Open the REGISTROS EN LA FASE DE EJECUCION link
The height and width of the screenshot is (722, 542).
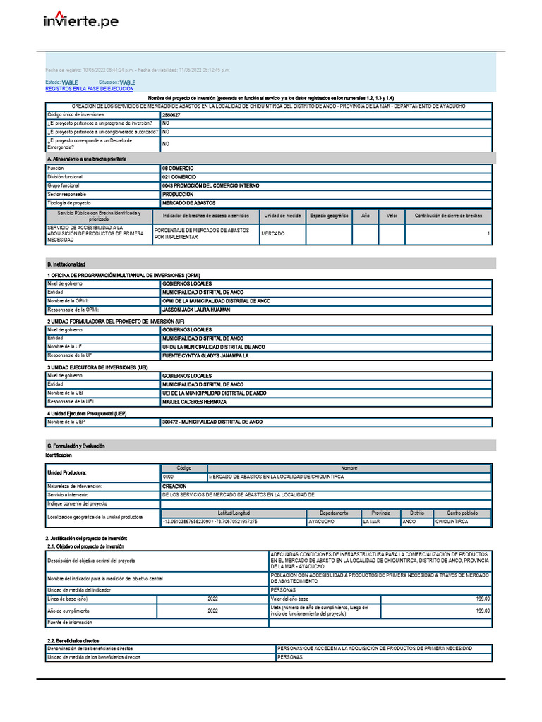point(89,90)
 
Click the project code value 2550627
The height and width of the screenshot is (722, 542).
point(171,114)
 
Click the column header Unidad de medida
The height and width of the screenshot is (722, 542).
point(282,216)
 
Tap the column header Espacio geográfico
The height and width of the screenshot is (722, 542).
point(329,216)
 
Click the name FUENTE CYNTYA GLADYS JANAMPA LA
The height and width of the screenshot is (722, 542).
point(205,356)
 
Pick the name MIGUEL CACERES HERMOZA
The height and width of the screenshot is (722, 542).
point(194,402)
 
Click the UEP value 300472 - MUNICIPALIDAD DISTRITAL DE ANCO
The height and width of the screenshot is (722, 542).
point(212,422)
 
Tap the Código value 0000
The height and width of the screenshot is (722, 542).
point(169,477)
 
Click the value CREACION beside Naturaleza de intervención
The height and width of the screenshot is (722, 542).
point(174,487)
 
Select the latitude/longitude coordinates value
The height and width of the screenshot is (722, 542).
point(210,522)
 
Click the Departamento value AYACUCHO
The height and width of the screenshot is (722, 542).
point(321,522)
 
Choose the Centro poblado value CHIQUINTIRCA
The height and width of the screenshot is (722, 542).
point(452,522)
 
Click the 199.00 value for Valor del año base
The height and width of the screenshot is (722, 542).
point(482,599)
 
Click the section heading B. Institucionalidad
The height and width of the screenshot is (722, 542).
point(66,264)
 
